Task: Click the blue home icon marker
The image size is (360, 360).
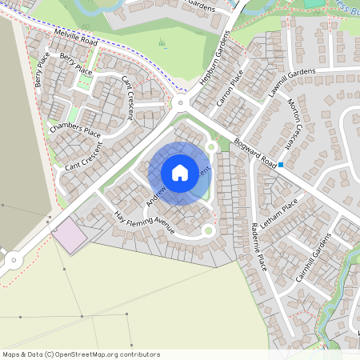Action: coord(180,172)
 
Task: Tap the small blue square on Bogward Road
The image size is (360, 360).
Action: coord(282,166)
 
